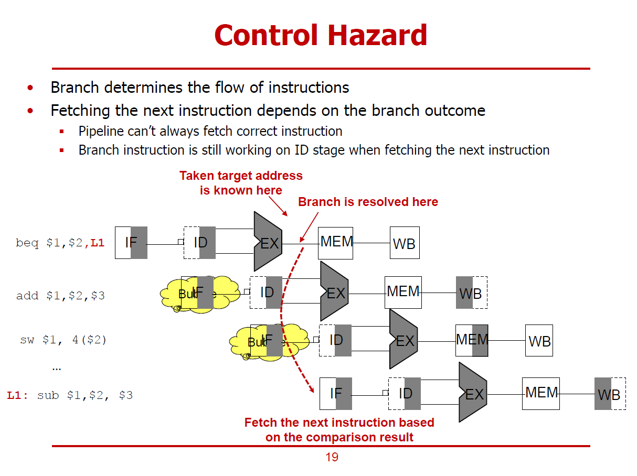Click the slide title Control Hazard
(321, 36)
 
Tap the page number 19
(332, 457)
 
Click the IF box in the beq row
(131, 243)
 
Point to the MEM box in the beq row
(336, 243)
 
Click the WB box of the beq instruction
(405, 243)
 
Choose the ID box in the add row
(267, 292)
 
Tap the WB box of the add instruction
(471, 293)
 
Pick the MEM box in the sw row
(472, 340)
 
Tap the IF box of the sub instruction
(336, 394)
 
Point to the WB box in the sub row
(610, 394)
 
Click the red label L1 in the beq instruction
(98, 244)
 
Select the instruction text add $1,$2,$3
(60, 296)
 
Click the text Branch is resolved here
(368, 202)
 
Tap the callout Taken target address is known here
(241, 182)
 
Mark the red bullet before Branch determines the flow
(31, 88)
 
